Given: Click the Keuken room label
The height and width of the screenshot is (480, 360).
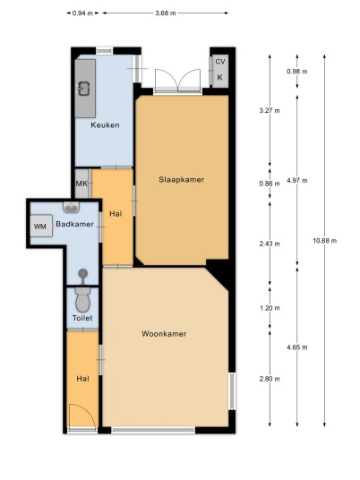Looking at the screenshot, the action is pos(105,124).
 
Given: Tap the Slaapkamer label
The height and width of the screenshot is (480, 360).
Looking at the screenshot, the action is pos(182,180).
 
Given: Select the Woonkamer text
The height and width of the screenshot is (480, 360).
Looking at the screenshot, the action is pos(164,334).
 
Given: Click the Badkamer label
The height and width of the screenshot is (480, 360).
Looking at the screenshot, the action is pos(74,224).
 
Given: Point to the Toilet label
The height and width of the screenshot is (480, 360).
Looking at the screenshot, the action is pos(82,318).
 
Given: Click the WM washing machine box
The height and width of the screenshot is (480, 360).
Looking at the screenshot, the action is pos(41,227).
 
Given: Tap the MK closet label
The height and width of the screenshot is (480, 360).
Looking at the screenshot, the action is pos(81,184).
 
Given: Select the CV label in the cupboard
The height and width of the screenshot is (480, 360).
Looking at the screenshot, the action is pos(220,62).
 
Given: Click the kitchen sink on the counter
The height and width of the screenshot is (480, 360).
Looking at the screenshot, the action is pos(83,89).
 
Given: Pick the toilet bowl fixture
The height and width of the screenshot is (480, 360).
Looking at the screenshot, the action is pos(82,299).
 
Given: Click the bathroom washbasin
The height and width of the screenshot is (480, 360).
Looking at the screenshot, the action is pos(72,208).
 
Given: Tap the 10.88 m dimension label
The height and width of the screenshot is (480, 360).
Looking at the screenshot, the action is pos(324,241).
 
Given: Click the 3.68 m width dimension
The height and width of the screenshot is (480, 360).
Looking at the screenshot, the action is pos(166,13).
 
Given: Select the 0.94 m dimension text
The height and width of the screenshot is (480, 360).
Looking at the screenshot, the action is pos(82,13).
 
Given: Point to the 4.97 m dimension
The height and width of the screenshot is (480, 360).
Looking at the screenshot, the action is pos(297,180).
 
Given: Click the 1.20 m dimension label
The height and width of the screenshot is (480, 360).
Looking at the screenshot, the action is pos(270,308).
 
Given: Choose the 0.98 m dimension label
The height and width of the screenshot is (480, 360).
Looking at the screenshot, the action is pos(297,72).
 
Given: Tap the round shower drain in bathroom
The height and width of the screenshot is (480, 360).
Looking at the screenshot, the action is pos(82,273).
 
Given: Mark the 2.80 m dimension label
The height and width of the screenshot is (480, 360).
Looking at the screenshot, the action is pos(270,379).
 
